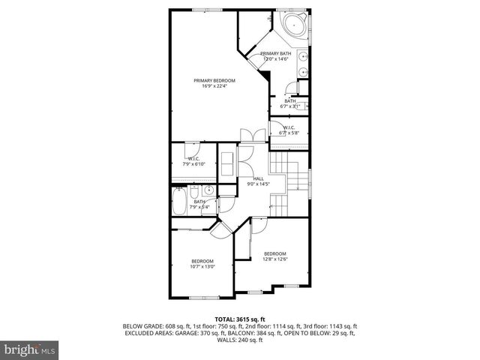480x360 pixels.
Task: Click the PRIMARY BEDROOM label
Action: coord(214,80)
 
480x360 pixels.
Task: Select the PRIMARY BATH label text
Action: coord(275,54)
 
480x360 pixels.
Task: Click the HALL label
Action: coord(258,178)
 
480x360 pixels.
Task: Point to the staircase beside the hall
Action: coord(289,184)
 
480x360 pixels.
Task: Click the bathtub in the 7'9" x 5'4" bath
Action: coord(181,200)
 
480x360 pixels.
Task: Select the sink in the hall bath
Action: coord(209,190)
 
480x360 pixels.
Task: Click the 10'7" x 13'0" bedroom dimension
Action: coord(202,266)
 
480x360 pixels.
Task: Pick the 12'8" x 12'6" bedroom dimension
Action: coord(275,259)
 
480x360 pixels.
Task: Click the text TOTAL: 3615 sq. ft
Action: coord(240,319)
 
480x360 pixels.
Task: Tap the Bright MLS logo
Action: coord(30,349)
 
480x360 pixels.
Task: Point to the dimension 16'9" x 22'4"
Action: coord(214,86)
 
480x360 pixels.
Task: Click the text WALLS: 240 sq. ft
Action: coord(240,340)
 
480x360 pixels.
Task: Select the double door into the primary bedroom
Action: coord(249,135)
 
